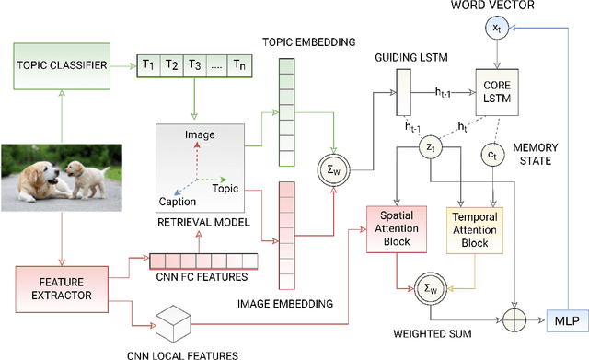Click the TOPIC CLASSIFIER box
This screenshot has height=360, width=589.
tap(61, 66)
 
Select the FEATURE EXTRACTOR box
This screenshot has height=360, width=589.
tap(60, 286)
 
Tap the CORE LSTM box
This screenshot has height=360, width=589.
tap(498, 93)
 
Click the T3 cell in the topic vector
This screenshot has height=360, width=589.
tap(194, 64)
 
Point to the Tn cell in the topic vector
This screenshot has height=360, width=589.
tap(240, 64)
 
